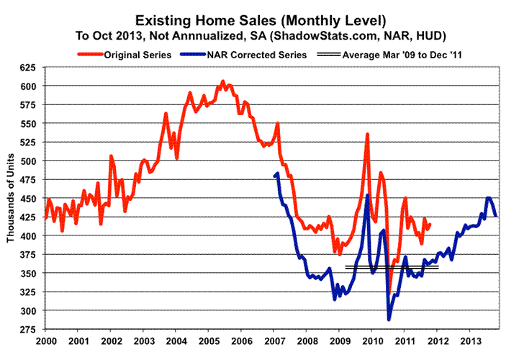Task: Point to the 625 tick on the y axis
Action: click(x=30, y=68)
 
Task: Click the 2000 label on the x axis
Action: click(x=45, y=339)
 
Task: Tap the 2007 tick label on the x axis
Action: click(x=274, y=339)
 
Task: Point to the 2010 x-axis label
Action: click(x=372, y=339)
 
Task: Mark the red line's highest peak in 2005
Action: click(x=222, y=81)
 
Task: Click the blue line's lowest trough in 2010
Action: click(x=389, y=319)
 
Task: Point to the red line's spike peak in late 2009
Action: click(x=367, y=135)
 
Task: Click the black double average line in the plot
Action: click(x=392, y=266)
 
